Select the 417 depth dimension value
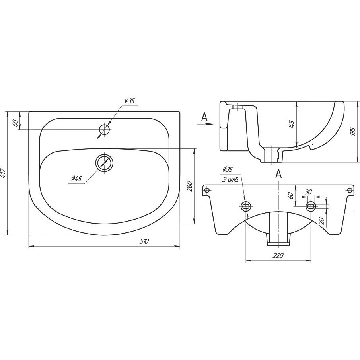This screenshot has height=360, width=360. [x=4, y=173]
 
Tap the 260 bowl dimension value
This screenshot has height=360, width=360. [x=189, y=186]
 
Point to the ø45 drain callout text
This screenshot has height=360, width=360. [x=76, y=178]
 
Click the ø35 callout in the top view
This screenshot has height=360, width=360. [x=130, y=101]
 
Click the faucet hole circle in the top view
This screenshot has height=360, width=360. [x=105, y=130]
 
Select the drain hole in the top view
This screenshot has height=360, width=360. [x=105, y=163]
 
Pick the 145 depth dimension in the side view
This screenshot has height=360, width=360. [x=292, y=124]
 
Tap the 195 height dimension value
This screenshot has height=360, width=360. [x=353, y=132]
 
